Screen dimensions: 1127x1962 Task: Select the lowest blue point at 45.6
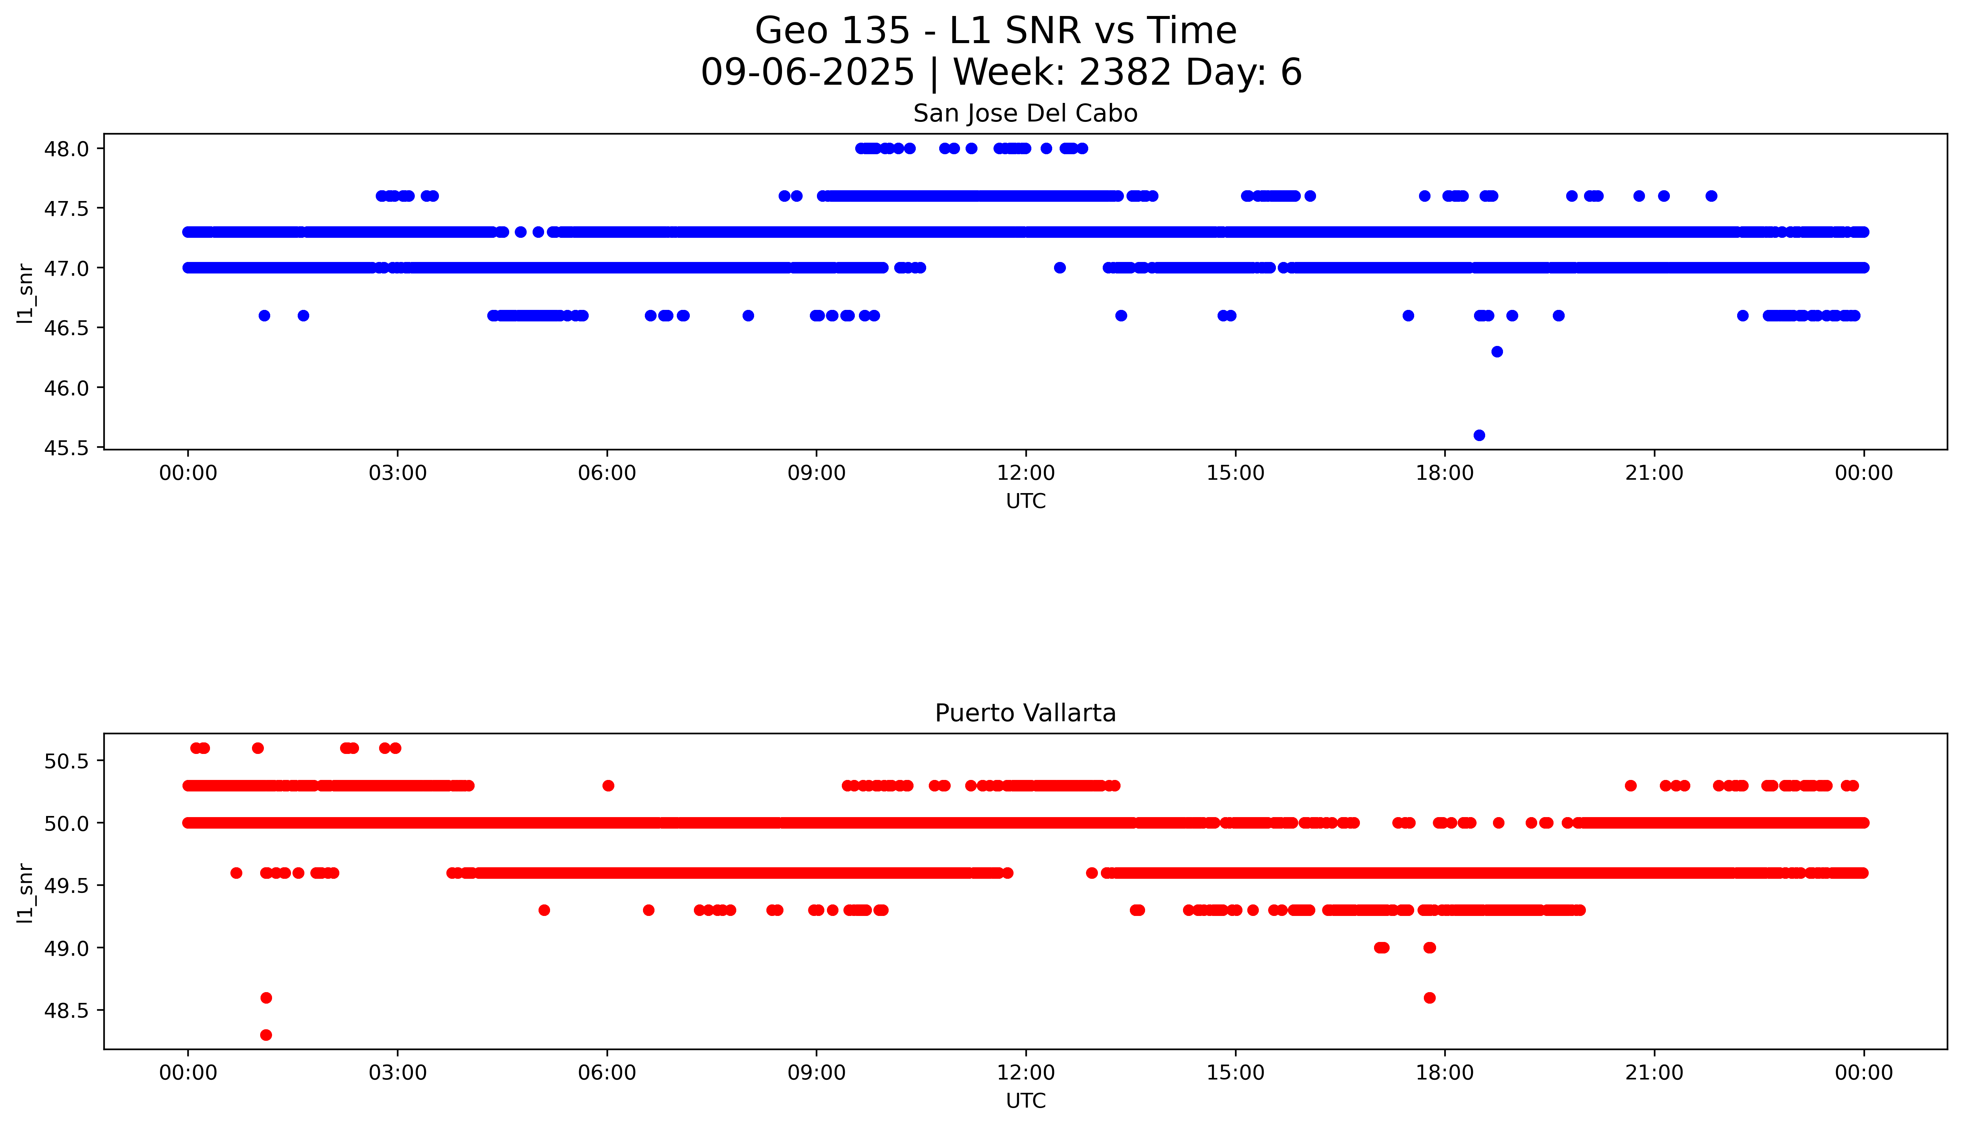pyautogui.click(x=1479, y=435)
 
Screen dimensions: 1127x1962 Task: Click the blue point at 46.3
pyautogui.click(x=1497, y=352)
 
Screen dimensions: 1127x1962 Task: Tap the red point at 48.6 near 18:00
pyautogui.click(x=1429, y=998)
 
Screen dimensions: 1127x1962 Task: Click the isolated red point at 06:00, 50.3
pyautogui.click(x=608, y=786)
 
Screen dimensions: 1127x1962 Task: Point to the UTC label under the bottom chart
pyautogui.click(x=1025, y=1101)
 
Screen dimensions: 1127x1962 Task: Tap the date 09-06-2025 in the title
pyautogui.click(x=807, y=73)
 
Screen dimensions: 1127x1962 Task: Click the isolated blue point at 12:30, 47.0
pyautogui.click(x=1060, y=268)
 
